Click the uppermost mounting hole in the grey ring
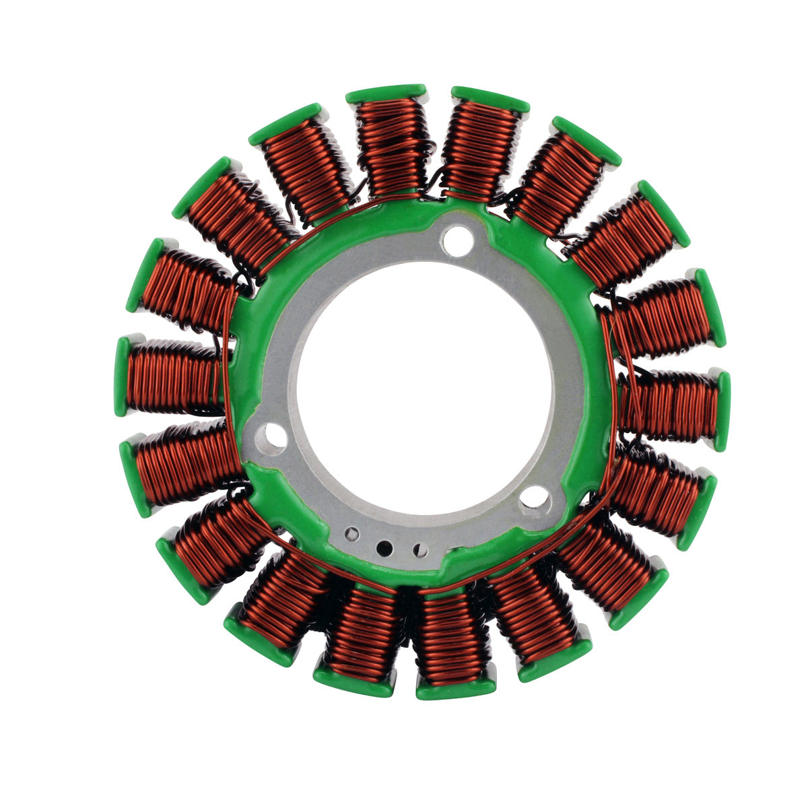coord(458,240)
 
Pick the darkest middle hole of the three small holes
coord(384,547)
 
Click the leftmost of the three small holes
coord(351,535)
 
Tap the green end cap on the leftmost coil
coord(122,376)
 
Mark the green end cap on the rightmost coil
coord(722,411)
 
